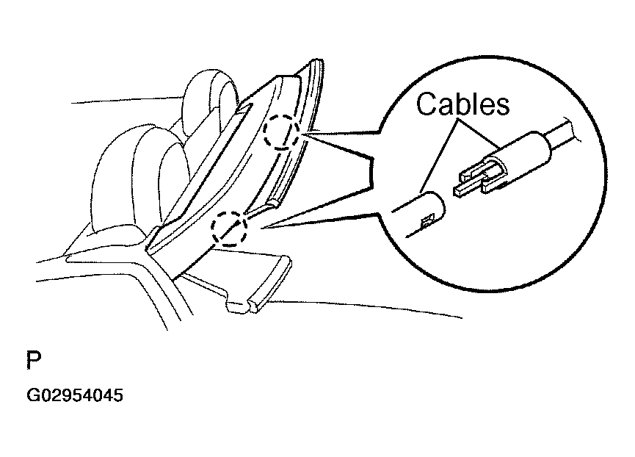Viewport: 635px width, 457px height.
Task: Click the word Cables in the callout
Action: tap(463, 104)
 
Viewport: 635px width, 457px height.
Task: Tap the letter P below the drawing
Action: tap(34, 360)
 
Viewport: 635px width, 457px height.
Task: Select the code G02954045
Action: tap(75, 395)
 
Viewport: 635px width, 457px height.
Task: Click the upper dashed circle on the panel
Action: tap(281, 131)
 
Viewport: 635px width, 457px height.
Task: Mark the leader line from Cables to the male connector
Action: tap(479, 134)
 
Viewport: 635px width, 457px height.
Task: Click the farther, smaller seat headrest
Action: tap(208, 101)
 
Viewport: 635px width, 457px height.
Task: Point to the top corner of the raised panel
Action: tap(318, 61)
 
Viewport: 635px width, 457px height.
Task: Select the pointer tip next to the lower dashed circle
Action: tap(261, 228)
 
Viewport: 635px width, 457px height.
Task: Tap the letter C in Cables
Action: tap(426, 104)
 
